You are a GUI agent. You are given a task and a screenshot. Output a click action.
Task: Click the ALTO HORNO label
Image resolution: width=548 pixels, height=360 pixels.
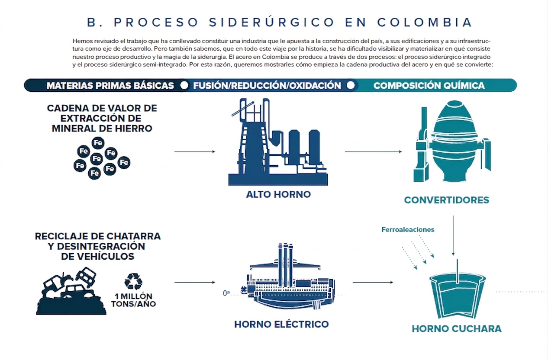[x=278, y=194]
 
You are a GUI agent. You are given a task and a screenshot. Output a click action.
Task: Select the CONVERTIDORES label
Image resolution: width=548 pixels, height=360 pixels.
[x=446, y=200]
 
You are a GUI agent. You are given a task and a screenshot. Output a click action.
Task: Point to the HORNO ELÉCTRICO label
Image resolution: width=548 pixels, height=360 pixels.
[x=281, y=324]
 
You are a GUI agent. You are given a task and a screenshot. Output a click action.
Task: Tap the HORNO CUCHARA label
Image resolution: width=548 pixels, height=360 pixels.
[x=457, y=329]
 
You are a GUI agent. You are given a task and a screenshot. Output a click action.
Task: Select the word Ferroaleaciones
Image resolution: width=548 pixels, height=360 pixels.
[x=408, y=230]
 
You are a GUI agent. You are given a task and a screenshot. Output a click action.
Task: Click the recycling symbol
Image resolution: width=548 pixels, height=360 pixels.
[x=133, y=281]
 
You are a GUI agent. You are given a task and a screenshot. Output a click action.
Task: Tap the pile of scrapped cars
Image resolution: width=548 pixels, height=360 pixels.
[x=71, y=291]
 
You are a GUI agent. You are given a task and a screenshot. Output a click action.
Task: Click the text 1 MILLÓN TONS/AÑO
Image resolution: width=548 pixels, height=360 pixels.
[x=133, y=300]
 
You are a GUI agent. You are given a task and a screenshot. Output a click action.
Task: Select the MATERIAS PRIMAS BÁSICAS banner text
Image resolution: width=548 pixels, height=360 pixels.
[x=110, y=86]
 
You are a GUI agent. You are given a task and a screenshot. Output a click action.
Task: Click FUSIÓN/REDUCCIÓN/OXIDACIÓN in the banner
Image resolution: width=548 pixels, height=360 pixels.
[x=267, y=86]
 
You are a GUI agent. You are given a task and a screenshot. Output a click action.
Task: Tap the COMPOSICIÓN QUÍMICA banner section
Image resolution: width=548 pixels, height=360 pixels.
[x=429, y=86]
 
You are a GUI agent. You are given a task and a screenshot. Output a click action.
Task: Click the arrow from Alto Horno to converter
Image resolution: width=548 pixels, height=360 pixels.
[x=373, y=151]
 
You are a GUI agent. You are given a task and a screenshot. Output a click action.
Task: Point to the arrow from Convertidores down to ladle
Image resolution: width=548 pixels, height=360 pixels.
[x=453, y=235]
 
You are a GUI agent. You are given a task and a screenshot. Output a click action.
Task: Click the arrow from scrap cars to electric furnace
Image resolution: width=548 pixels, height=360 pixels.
[x=195, y=282]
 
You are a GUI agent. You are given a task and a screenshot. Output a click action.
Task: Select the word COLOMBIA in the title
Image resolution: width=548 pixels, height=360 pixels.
[x=425, y=22]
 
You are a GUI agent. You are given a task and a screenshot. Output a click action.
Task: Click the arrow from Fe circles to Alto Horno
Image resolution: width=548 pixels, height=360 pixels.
[x=195, y=151]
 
